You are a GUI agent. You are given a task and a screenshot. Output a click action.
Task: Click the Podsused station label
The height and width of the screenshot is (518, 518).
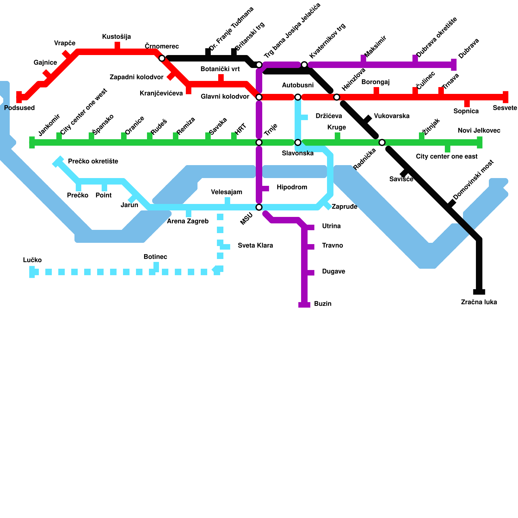[x=19, y=108]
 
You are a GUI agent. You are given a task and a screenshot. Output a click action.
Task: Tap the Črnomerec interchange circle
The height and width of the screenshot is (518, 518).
[x=162, y=58]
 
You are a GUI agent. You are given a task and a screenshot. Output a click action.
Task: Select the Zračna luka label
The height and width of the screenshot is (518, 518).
[x=479, y=302]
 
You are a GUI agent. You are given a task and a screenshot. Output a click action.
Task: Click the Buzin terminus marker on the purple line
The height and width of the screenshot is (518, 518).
[x=304, y=305]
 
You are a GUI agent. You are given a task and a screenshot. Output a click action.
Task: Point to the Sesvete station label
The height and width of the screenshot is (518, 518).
[x=505, y=108]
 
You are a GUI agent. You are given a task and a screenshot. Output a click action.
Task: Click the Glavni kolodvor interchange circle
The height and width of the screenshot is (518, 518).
[x=259, y=97]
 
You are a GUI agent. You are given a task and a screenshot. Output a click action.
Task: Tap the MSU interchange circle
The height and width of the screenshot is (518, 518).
[x=259, y=207]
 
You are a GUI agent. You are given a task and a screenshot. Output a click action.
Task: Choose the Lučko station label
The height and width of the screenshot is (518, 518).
[x=32, y=260]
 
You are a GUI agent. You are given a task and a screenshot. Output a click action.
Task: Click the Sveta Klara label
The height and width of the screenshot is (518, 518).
[x=255, y=245]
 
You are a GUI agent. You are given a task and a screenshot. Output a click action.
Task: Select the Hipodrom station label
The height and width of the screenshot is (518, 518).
[x=292, y=187]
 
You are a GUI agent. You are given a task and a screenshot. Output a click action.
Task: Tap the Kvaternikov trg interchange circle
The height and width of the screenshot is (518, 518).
[x=304, y=65]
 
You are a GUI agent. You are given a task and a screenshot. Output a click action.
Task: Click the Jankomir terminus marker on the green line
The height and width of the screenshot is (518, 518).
[x=32, y=142]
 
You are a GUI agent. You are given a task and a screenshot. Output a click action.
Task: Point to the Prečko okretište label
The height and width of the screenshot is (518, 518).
[x=93, y=161]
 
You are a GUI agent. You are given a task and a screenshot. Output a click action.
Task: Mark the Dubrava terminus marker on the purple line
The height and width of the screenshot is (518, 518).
[x=454, y=65]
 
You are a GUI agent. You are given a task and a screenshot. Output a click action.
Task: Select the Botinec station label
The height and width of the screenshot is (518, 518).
[x=155, y=257]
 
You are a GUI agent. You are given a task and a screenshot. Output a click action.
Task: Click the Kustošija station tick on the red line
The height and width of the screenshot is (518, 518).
[x=118, y=46]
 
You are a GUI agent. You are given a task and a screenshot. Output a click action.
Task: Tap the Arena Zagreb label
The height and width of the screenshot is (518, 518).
[x=187, y=221]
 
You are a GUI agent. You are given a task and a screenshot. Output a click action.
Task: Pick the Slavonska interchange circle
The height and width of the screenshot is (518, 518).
[x=298, y=142]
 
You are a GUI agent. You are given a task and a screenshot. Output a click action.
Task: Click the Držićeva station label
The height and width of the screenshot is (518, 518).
[x=329, y=116]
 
